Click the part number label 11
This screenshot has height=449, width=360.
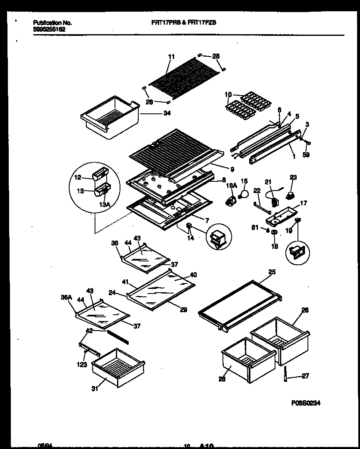tap(171, 57)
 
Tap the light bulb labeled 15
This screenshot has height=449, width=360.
tap(242, 193)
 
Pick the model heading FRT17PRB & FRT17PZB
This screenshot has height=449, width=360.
tap(183, 23)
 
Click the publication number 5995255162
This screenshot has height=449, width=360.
tap(48, 30)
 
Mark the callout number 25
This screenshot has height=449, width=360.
tap(272, 272)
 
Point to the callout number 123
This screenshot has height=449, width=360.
tap(82, 365)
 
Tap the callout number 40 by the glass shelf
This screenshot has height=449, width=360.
tap(193, 275)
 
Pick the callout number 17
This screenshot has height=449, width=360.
tap(303, 203)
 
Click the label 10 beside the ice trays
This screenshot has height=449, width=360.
tap(228, 95)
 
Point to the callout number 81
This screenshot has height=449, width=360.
tap(255, 228)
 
